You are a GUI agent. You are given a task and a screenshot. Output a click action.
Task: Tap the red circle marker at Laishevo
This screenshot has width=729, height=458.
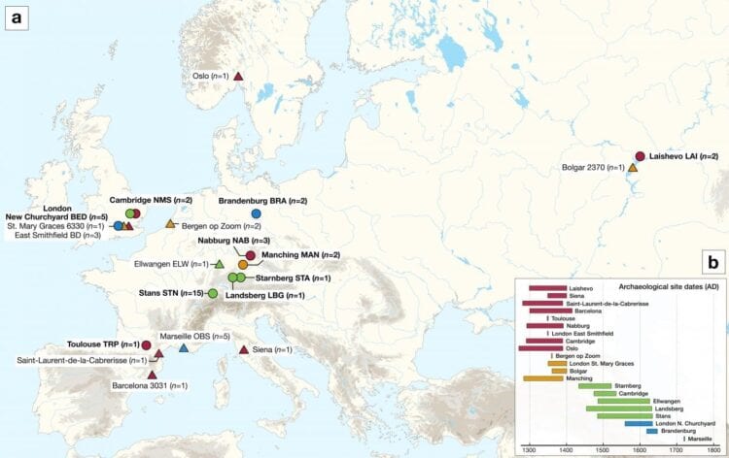[640, 156]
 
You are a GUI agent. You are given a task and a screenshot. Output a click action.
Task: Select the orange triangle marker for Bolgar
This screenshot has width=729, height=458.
[633, 168]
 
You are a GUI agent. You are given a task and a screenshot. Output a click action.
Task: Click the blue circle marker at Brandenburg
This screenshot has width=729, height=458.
[257, 213]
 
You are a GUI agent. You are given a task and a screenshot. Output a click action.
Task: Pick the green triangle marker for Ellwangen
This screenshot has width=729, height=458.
[219, 264]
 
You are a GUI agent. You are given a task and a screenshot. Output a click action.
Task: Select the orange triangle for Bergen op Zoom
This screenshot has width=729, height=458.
[171, 224]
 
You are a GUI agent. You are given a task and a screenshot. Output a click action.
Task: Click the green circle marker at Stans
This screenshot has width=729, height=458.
[212, 293]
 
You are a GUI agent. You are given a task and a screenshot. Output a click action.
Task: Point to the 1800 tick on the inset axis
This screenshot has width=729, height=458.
[713, 451]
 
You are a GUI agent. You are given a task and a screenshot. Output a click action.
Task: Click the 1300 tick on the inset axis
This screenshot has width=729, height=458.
[529, 451]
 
